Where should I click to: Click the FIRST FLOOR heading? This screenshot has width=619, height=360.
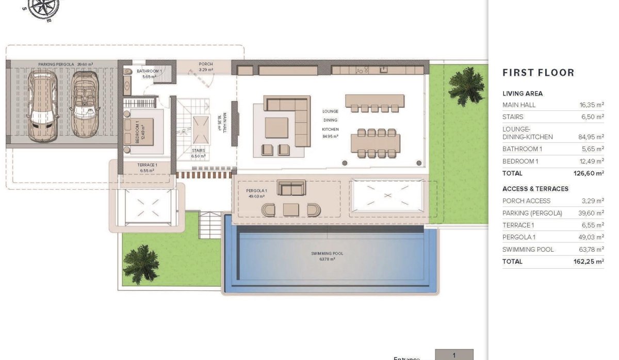(x=538, y=73)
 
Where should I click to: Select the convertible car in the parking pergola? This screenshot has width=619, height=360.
(x=84, y=105)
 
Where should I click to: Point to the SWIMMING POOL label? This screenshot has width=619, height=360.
(x=327, y=253)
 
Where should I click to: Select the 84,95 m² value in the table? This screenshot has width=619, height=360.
(x=591, y=137)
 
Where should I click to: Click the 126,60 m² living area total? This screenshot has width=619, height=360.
(x=590, y=173)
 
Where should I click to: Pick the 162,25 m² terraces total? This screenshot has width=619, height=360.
(x=590, y=261)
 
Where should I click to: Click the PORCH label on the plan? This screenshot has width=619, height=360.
(x=206, y=64)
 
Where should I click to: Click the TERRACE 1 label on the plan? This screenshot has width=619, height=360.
(x=147, y=166)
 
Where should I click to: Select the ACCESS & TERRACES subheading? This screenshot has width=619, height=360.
(x=535, y=189)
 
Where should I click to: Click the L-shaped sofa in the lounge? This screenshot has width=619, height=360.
(x=286, y=116)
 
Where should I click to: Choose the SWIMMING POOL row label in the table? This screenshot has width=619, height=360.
(x=528, y=250)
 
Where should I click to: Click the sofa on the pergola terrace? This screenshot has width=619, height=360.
(x=291, y=188)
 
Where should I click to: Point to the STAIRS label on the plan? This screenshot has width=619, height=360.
(x=198, y=151)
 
